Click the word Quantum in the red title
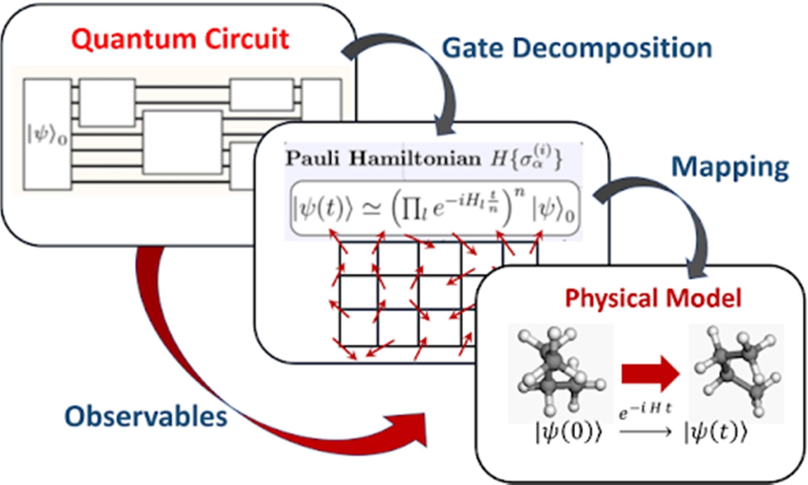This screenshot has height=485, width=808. coord(133,40)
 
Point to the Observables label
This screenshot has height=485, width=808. coord(146,416)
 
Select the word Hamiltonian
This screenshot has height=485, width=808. coord(415,158)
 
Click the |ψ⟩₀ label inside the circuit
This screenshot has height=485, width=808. coord(47,135)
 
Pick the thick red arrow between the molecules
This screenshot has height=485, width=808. coord(650,374)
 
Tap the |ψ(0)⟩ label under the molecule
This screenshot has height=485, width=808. coord(569,433)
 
